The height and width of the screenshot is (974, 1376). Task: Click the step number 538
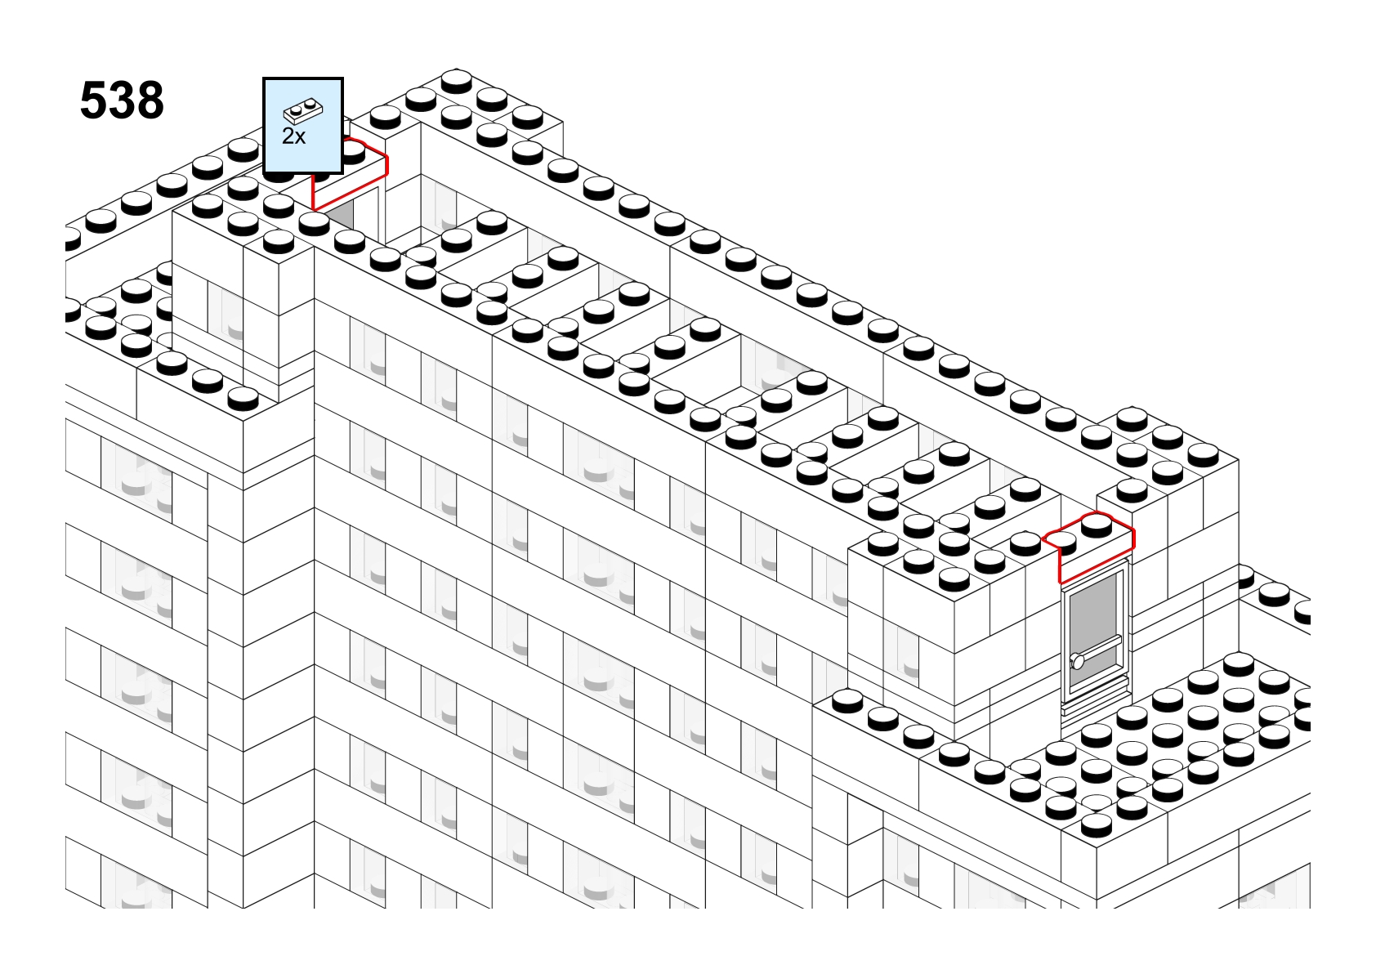(x=122, y=100)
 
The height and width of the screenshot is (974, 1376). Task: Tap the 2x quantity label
(x=293, y=136)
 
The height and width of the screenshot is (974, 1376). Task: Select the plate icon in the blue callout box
(x=303, y=111)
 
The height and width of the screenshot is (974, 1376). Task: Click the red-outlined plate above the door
(x=1088, y=547)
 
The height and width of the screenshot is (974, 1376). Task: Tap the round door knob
(x=1078, y=661)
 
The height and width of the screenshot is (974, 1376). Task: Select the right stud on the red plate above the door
(x=1097, y=526)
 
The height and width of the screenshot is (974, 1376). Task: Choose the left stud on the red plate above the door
(x=1061, y=543)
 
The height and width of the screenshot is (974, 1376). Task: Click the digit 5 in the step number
(x=93, y=100)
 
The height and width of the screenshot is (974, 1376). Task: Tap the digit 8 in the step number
(x=150, y=100)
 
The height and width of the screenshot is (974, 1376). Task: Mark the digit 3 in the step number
(x=122, y=100)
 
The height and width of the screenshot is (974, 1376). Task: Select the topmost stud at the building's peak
(x=456, y=81)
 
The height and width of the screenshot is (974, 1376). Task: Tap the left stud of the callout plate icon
(x=297, y=110)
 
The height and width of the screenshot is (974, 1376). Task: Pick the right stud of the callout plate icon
(x=310, y=103)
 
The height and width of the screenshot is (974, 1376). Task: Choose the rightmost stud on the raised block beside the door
(x=1203, y=455)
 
